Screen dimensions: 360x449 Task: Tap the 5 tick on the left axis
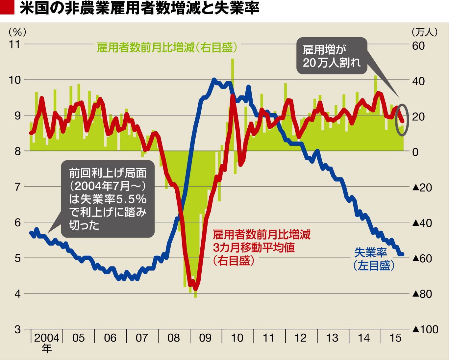click(17, 258)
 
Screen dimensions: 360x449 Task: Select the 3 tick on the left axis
click(17, 329)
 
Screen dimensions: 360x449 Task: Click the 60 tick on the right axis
click(418, 46)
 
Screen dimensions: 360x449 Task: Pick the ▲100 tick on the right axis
click(425, 329)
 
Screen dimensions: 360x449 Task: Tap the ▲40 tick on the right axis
click(422, 223)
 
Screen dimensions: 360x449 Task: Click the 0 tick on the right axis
click(415, 152)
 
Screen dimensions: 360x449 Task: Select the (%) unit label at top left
click(17, 32)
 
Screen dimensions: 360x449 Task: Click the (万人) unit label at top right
click(424, 32)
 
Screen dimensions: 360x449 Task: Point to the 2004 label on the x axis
click(47, 338)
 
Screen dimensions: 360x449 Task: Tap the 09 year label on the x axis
click(205, 338)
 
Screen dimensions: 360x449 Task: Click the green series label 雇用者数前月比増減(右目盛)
click(167, 48)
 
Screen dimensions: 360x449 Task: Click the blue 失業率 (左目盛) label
click(373, 259)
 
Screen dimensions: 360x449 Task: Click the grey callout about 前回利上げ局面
click(108, 199)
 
